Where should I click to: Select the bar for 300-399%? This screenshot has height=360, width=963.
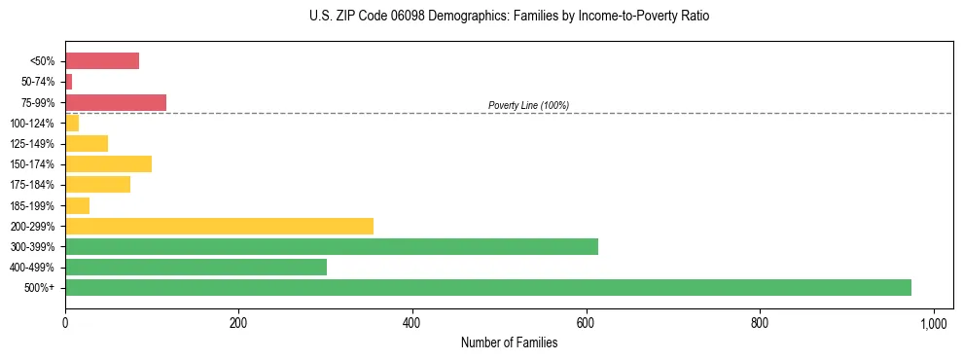(331, 246)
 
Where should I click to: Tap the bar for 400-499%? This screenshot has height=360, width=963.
(196, 267)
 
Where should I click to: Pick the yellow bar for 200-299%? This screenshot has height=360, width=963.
(219, 226)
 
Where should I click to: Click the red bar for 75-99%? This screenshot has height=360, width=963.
(115, 102)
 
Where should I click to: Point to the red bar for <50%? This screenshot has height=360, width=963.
(101, 61)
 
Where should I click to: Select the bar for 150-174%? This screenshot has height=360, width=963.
(108, 163)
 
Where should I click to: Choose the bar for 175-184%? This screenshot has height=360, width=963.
(97, 184)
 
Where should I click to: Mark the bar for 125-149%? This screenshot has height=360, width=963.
(87, 143)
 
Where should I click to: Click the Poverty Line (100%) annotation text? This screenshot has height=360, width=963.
(528, 105)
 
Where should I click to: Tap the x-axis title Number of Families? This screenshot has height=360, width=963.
(509, 343)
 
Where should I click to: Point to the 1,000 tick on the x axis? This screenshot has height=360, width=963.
(934, 322)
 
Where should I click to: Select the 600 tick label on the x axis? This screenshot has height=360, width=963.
(587, 322)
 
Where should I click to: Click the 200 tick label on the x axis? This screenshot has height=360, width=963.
(238, 322)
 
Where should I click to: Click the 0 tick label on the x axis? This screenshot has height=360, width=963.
(65, 322)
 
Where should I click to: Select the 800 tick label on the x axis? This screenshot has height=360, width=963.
(760, 322)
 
